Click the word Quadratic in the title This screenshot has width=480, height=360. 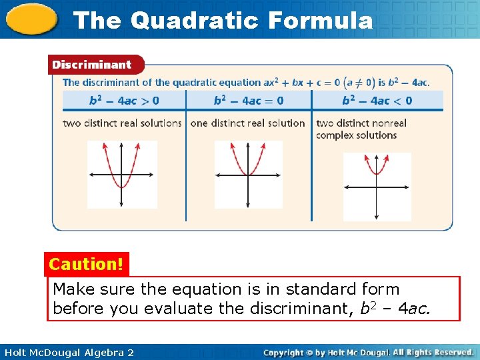coord(194,20)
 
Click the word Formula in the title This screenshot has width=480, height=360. coord(320,20)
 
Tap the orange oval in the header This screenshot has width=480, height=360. coord(33,19)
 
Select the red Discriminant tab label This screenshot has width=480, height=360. coord(92,65)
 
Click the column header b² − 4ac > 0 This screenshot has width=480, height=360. coord(124,101)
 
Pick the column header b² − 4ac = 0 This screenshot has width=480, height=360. coord(249,101)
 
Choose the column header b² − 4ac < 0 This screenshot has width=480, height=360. coord(377,101)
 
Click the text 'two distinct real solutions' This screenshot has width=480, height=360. coord(122,123)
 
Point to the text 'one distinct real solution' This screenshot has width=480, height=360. coord(247,123)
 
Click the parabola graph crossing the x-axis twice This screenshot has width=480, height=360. coord(121,175)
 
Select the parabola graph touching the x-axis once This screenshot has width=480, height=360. coord(248,175)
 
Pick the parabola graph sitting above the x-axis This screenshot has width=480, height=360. coord(377,186)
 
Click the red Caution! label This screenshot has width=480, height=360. coord(86,264)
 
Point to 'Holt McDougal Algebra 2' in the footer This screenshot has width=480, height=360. coord(67,352)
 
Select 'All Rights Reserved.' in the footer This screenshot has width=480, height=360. coord(433,352)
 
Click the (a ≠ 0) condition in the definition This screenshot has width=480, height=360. coord(359,83)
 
